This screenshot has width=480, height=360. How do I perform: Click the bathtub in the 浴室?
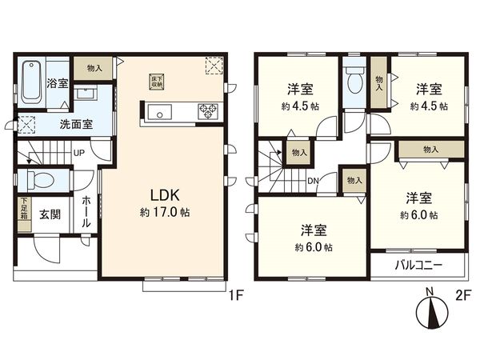pyautogui.click(x=31, y=82)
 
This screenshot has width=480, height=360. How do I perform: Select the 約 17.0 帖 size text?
pyautogui.click(x=165, y=213)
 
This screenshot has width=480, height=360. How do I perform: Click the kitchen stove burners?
pyautogui.click(x=208, y=111)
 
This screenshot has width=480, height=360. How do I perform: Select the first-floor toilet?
pyautogui.click(x=37, y=178)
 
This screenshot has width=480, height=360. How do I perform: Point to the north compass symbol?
pyautogui.click(x=430, y=307)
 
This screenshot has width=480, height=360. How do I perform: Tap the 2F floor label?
pyautogui.click(x=462, y=294)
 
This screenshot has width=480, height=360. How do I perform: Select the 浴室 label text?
pyautogui.click(x=57, y=82)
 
